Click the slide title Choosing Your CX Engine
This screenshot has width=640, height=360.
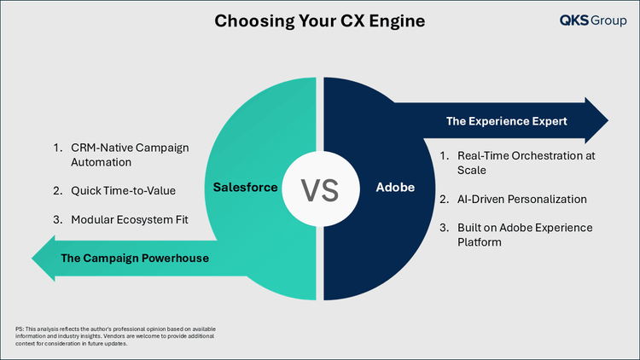(x=320, y=21)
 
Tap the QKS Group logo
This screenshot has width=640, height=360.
(x=593, y=20)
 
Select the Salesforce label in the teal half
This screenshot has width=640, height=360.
(x=245, y=188)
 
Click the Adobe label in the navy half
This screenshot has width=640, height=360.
(x=395, y=188)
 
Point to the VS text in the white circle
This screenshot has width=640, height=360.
(x=320, y=190)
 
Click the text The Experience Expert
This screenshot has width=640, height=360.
(x=507, y=121)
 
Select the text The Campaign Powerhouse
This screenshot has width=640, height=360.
(x=135, y=258)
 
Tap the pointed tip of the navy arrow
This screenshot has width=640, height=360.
(x=608, y=120)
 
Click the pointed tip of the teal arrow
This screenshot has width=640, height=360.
(x=32, y=258)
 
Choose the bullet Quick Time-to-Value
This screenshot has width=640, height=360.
(x=123, y=190)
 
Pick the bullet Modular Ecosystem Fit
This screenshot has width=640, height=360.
(x=130, y=219)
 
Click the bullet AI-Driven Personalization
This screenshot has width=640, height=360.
(x=522, y=199)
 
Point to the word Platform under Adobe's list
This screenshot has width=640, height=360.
(x=480, y=242)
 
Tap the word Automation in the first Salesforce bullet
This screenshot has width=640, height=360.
(x=102, y=162)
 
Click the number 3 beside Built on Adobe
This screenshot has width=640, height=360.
(x=444, y=228)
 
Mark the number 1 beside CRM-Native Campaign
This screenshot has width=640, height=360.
(x=57, y=148)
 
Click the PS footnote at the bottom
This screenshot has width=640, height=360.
(x=115, y=336)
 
